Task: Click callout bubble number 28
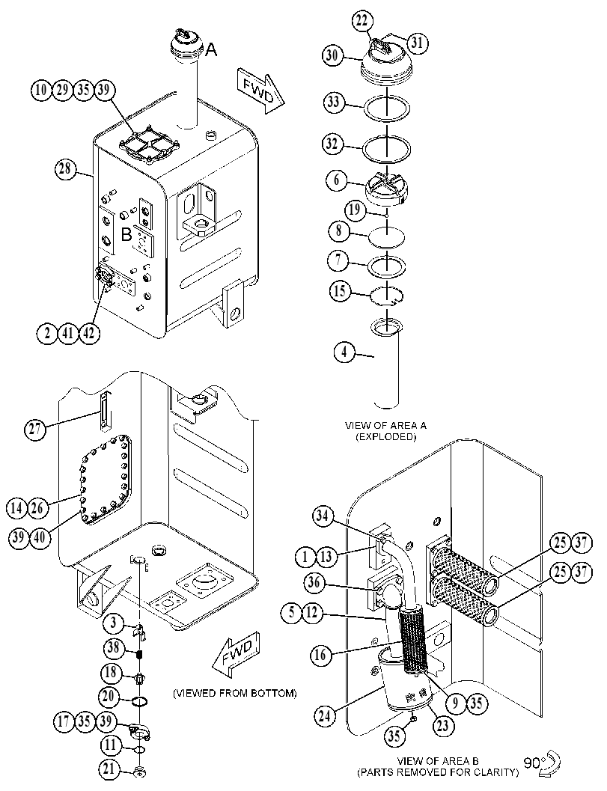point(65,168)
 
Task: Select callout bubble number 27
point(35,430)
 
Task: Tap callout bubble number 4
point(344,352)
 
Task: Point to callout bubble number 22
point(362,22)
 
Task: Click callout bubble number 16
point(321,655)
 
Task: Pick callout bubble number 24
point(325,715)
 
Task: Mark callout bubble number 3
point(114,623)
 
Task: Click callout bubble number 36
point(314,583)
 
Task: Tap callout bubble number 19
point(355,210)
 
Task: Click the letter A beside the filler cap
point(211,49)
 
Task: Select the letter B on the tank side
point(126,234)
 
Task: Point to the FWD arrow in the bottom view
point(238,653)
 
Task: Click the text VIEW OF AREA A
point(385,425)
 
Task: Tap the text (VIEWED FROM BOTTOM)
point(235,693)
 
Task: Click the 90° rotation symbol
point(543,763)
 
